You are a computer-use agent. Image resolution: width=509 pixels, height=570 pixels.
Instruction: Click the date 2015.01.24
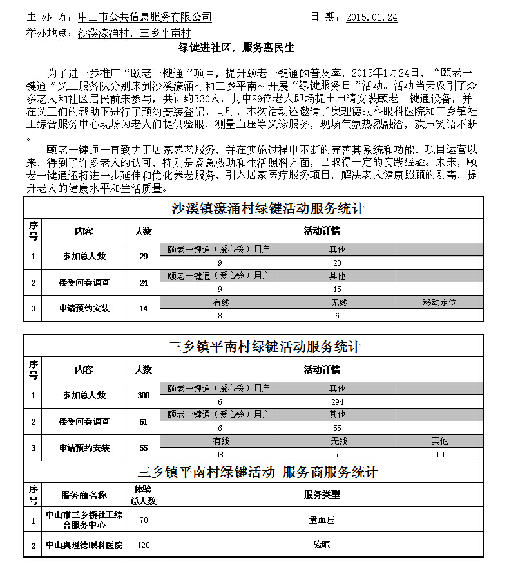point(371,17)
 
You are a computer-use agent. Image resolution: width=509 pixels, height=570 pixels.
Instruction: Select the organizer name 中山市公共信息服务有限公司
point(144,17)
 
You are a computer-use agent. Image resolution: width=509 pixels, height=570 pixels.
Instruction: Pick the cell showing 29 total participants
point(143,256)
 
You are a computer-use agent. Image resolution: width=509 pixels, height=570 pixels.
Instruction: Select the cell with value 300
point(143,395)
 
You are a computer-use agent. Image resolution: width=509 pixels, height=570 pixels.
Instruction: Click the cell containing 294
point(337,401)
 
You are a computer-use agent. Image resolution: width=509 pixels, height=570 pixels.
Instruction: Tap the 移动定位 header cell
point(439,302)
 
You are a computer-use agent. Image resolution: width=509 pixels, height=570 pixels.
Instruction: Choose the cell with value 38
point(220,454)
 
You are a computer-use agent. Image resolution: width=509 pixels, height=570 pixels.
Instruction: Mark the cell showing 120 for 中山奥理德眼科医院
point(143,545)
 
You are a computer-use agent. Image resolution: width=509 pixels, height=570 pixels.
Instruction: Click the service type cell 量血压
point(322,520)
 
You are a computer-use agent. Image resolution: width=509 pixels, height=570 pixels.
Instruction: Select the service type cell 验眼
point(322,545)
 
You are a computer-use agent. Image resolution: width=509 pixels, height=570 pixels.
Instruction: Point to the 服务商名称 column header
point(84,495)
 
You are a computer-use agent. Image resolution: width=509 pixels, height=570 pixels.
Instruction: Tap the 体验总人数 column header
point(143,495)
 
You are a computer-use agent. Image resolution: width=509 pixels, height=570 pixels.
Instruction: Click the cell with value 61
point(143,421)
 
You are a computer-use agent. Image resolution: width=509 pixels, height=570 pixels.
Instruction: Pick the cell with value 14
point(143,309)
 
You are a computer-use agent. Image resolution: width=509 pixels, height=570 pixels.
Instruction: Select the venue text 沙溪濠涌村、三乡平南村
point(134,32)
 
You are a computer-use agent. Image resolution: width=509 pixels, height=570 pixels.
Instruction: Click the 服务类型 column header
point(322,495)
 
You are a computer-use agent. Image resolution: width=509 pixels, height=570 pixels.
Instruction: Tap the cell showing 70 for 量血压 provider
point(143,520)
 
